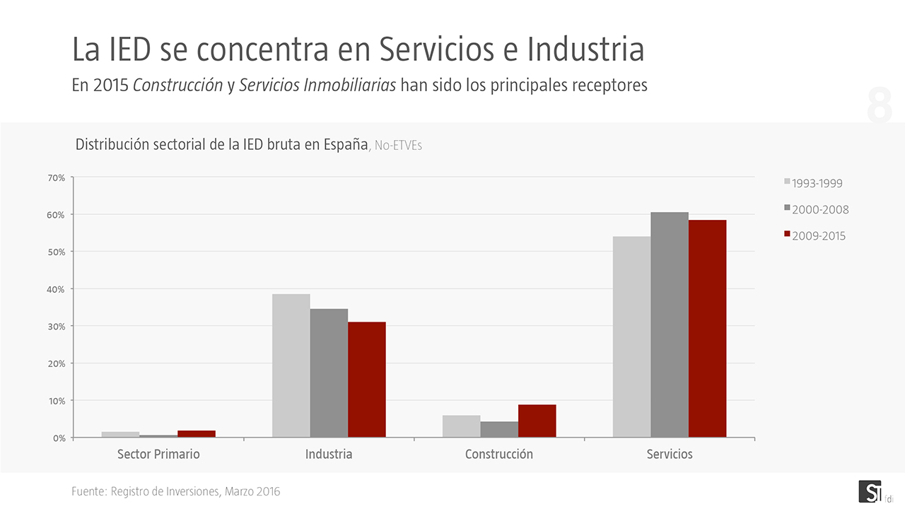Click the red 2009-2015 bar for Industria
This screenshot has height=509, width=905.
click(367, 380)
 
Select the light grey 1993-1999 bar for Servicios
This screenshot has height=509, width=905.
click(631, 337)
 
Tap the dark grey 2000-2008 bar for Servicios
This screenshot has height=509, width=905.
click(670, 324)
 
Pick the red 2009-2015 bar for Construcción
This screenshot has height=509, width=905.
click(537, 421)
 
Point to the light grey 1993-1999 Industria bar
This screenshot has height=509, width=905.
click(291, 365)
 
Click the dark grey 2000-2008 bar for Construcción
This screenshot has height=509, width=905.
click(499, 429)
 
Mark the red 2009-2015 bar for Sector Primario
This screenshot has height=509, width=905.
click(197, 433)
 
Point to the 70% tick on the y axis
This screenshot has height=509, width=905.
click(57, 177)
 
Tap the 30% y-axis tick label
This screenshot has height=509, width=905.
click(57, 327)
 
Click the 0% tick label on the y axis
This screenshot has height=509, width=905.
click(59, 438)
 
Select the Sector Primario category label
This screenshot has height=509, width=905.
click(158, 454)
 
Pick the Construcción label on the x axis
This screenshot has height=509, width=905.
click(499, 454)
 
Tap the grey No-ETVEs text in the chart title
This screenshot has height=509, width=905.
click(398, 146)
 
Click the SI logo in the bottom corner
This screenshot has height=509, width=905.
click(870, 491)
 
